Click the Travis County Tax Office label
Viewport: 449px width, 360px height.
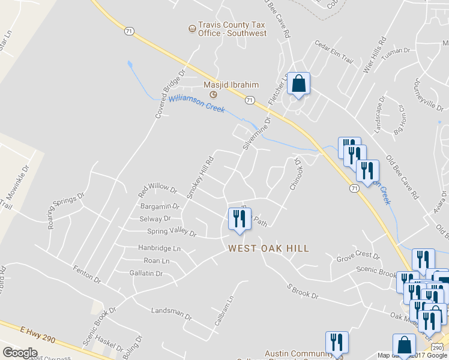[233, 29]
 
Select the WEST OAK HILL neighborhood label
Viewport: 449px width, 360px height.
[268, 248]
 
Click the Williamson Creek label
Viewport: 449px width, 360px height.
[196, 104]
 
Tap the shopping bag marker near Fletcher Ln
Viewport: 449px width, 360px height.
[298, 84]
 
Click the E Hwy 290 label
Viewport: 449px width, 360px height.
[38, 335]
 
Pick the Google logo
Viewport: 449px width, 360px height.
[20, 352]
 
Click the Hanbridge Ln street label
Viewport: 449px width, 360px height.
[159, 248]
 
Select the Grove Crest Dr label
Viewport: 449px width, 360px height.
[358, 257]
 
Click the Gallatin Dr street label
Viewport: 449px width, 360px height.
[146, 274]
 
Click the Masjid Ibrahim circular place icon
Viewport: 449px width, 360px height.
[212, 95]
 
